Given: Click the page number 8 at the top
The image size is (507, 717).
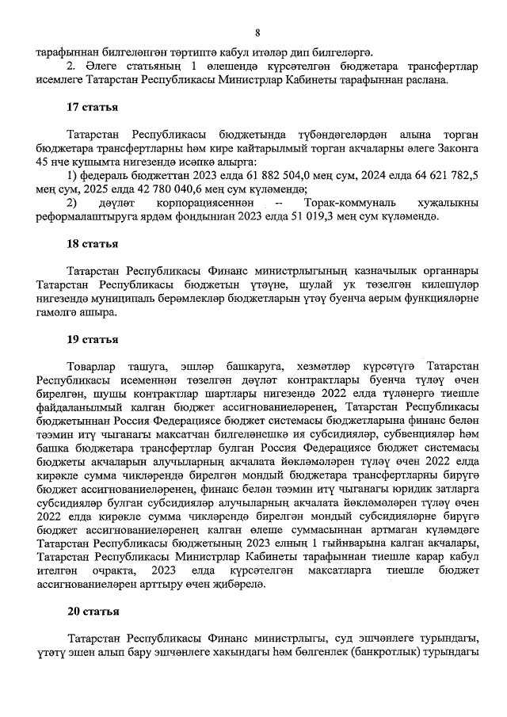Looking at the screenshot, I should [257, 32].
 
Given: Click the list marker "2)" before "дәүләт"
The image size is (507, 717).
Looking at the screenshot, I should [74, 203].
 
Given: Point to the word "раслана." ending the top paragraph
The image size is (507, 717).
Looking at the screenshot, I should [425, 80].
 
